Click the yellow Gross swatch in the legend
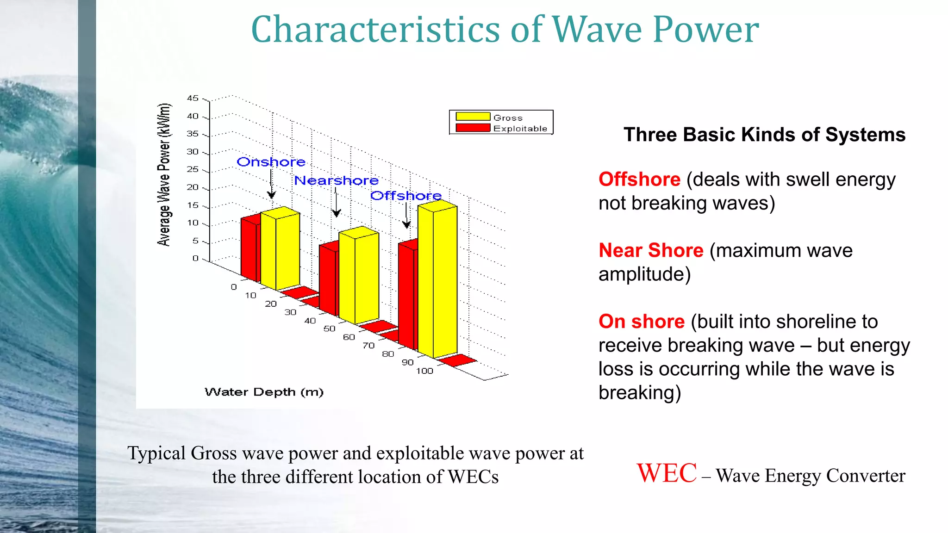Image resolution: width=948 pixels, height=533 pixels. click(473, 117)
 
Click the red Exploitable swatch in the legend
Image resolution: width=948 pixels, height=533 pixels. click(473, 128)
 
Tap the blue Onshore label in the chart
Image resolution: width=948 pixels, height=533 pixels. click(271, 162)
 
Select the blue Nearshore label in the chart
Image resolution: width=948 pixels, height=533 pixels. click(337, 180)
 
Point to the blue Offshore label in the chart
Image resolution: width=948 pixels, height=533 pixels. click(405, 196)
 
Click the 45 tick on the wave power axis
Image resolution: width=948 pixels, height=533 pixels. click(193, 98)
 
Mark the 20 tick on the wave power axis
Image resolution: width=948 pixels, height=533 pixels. click(193, 187)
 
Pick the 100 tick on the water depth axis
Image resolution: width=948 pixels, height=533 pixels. click(424, 371)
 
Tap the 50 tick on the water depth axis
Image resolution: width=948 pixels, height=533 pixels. click(329, 328)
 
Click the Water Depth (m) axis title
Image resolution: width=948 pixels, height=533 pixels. click(264, 392)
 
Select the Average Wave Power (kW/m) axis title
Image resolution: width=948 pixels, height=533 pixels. click(164, 174)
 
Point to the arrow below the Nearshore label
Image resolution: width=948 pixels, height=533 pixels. click(337, 204)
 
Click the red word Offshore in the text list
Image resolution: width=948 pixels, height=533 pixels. click(639, 180)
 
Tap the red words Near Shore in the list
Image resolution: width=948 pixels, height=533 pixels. click(651, 250)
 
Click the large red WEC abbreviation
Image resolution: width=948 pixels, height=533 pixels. click(667, 473)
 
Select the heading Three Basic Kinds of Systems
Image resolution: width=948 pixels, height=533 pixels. click(764, 135)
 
